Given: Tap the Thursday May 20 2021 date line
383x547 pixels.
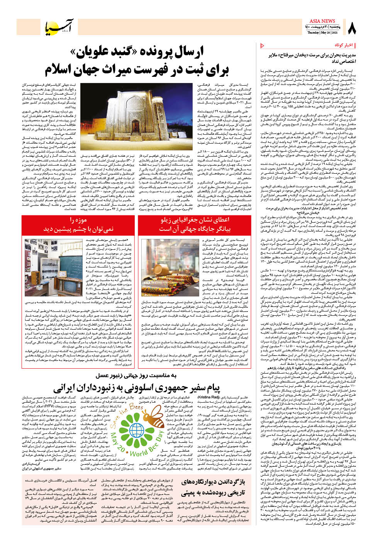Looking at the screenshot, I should tap(322, 32).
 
